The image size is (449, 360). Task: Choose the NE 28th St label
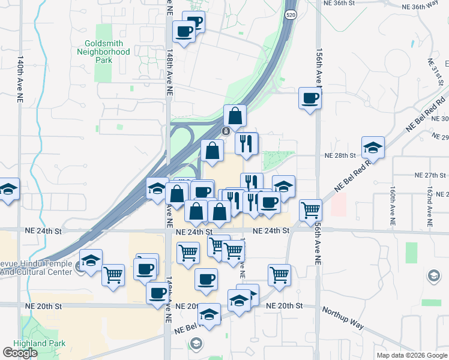340,155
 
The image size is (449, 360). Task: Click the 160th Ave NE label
393,206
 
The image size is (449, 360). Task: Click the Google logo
20,353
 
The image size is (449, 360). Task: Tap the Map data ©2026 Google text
412,355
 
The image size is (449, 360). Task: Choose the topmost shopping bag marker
235,116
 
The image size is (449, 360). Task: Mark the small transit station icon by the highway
225,131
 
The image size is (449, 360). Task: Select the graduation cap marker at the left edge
8,190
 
